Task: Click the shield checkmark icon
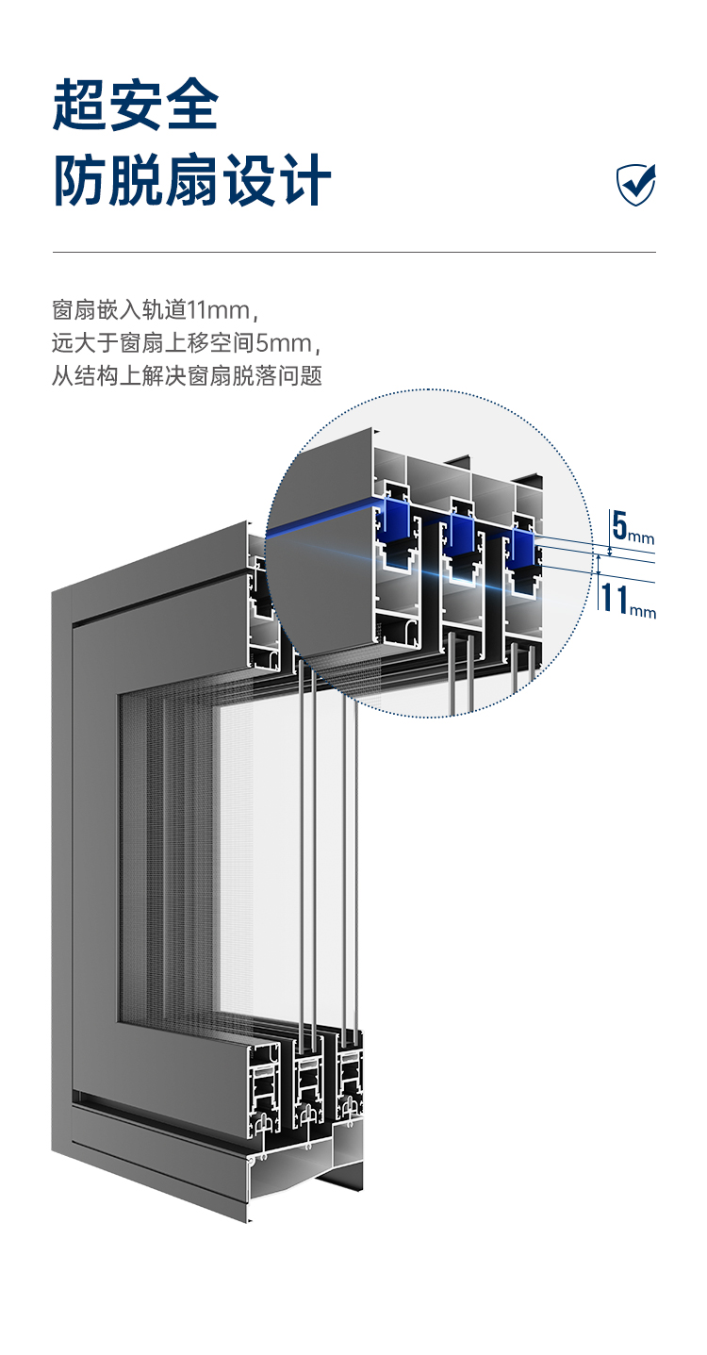[x=636, y=184]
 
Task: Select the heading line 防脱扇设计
[x=192, y=181]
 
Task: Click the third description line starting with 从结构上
[x=187, y=376]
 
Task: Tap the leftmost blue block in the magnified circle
[x=397, y=523]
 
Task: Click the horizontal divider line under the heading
[x=353, y=252]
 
